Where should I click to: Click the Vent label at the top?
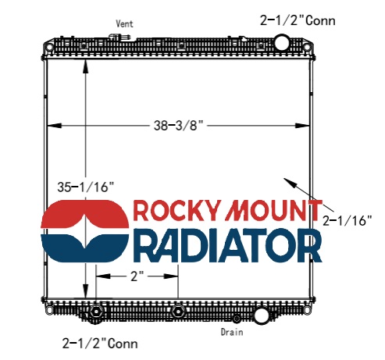click(124, 24)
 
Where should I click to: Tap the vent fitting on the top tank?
click(119, 37)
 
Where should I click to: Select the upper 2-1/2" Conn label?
click(298, 20)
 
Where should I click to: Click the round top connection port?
click(281, 42)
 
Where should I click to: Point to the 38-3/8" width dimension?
click(178, 126)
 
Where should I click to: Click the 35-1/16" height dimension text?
click(86, 187)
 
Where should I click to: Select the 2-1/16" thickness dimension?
click(348, 220)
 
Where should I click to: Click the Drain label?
click(232, 332)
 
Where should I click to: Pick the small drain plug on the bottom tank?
click(237, 319)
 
